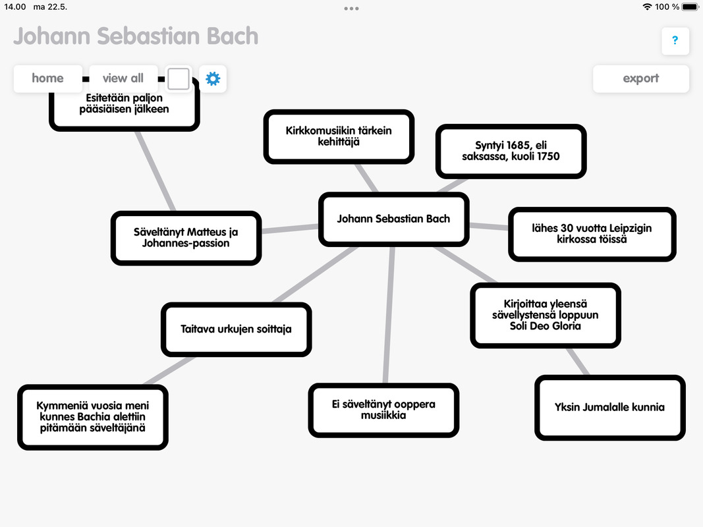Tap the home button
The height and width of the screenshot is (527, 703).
[x=48, y=78]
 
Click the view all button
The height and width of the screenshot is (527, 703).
[x=123, y=78]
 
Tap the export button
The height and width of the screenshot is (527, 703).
[x=640, y=78]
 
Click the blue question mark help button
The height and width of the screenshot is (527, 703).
[x=675, y=41]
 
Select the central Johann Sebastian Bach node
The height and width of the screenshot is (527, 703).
[x=393, y=219]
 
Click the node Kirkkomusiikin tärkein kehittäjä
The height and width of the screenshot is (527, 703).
[x=339, y=136]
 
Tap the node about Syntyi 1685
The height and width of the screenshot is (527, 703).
[x=511, y=151]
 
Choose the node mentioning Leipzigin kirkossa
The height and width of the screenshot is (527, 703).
[x=592, y=234]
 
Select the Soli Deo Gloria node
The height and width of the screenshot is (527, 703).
[x=545, y=315]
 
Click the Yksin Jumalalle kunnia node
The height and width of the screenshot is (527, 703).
[x=609, y=407]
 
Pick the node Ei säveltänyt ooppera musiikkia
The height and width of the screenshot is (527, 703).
[x=383, y=410]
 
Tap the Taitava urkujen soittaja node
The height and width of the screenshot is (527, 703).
[x=237, y=329]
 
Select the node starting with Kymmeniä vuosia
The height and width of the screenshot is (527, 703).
[x=93, y=417]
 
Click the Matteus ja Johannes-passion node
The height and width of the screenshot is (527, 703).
[x=186, y=238]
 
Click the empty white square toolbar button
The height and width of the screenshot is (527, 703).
[x=179, y=79]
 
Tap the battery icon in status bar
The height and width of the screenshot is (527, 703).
[x=690, y=7]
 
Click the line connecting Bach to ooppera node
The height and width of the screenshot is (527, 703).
[x=389, y=315]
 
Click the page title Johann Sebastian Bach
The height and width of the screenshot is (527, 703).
[x=136, y=36]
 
